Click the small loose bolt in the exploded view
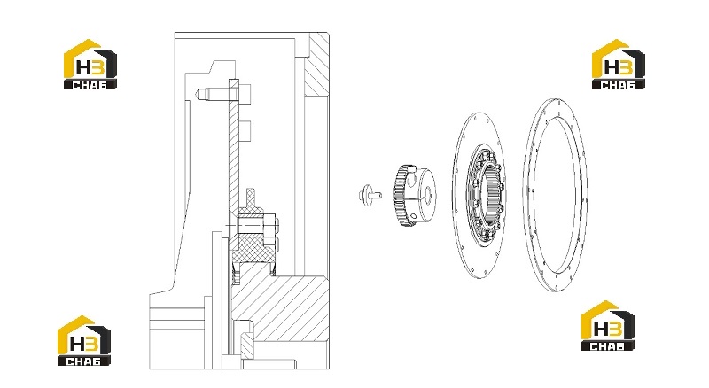pyautogui.click(x=369, y=196)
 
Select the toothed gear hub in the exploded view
pyautogui.click(x=415, y=196)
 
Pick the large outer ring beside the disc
pyautogui.click(x=556, y=195)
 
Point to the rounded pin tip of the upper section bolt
pyautogui.click(x=199, y=94)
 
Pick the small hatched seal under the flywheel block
pyautogui.click(x=248, y=346)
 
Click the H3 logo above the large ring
pyautogui.click(x=619, y=64)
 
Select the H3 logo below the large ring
pyautogui.click(x=608, y=326)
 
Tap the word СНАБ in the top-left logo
pyautogui.click(x=90, y=84)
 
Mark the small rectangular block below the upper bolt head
pyautogui.click(x=245, y=131)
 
